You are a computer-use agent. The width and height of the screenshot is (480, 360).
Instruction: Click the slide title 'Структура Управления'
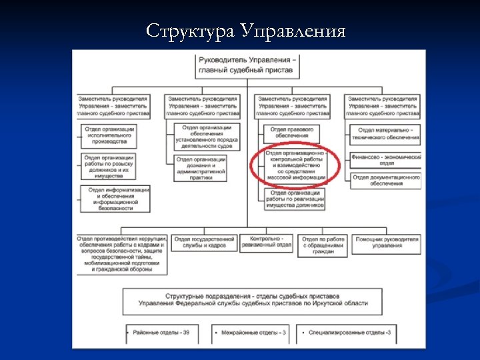(x=245, y=31)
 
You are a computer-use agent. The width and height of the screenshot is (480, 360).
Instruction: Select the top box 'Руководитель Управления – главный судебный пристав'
(x=248, y=65)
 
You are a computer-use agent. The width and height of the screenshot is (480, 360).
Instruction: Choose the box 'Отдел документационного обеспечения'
(x=386, y=181)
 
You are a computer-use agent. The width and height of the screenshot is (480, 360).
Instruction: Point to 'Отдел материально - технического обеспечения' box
(x=386, y=134)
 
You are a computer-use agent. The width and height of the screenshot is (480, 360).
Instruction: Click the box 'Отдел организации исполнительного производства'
(x=111, y=135)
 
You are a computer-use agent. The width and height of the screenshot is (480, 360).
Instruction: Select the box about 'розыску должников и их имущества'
(x=111, y=167)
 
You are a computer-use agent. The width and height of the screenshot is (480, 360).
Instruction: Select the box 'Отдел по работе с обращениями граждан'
(x=323, y=245)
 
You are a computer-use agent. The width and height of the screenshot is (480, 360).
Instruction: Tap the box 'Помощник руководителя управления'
(x=387, y=243)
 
